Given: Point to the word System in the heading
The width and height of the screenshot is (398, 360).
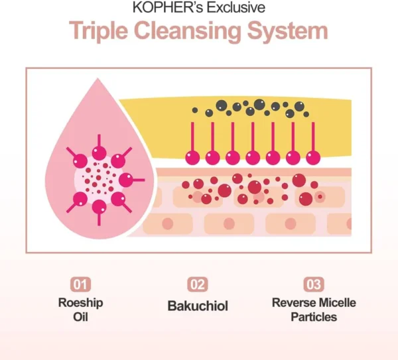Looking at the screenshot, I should [294, 32].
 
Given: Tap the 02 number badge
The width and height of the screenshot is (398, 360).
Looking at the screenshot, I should [198, 285].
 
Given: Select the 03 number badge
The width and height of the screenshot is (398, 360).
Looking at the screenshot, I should [313, 285].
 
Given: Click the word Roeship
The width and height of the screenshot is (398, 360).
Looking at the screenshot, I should [80, 303].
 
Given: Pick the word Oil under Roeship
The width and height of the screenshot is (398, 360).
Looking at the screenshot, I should [80, 317].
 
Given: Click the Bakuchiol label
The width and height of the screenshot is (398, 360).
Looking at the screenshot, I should [198, 306].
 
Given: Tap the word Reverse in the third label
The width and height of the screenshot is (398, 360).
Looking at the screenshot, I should [292, 303].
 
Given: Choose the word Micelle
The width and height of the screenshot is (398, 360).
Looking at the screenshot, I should [336, 303].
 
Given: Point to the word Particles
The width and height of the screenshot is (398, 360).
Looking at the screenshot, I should [314, 317].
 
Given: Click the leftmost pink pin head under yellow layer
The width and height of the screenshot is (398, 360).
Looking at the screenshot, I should [193, 157].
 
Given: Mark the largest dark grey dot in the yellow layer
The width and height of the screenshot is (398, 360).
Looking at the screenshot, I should [259, 104].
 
